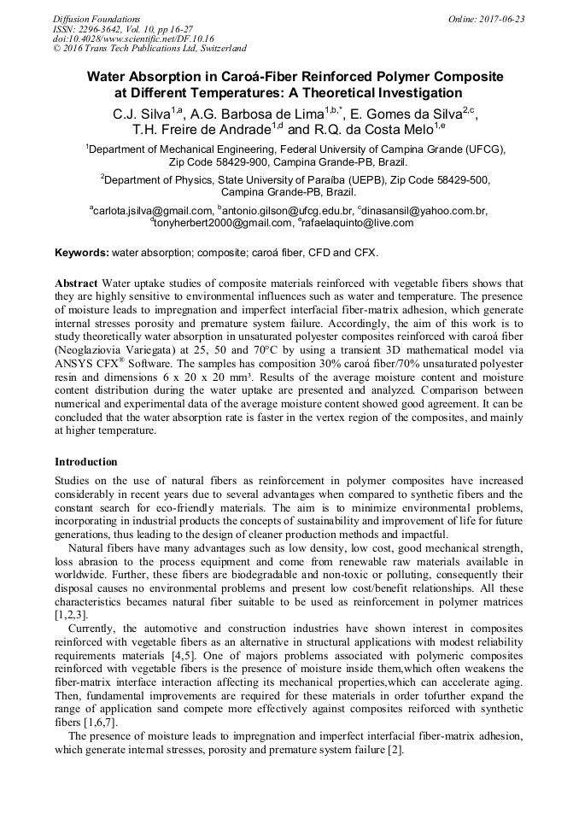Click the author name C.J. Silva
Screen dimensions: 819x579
141,113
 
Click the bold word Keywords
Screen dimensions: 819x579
81,253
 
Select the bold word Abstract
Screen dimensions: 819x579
76,283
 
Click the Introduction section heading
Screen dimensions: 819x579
85,462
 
